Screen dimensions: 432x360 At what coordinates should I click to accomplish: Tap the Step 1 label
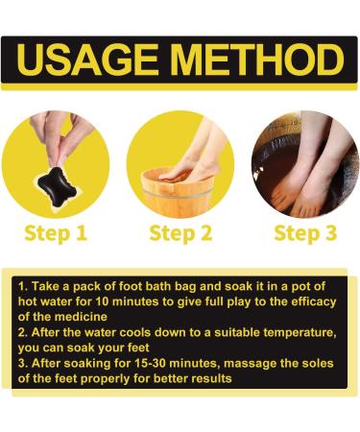[54, 233]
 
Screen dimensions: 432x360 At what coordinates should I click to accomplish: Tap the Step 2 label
[180, 233]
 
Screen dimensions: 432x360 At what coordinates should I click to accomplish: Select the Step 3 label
[305, 233]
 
